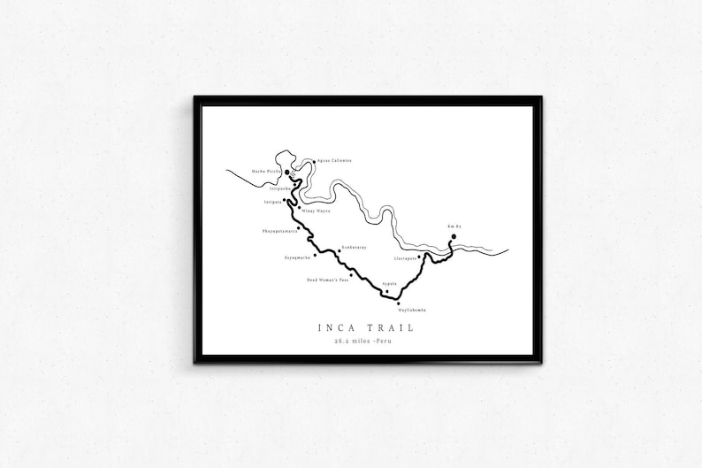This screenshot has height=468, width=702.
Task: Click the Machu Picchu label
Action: (265, 171)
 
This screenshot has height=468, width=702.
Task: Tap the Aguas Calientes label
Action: (334, 161)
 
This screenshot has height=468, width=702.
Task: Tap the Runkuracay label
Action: (355, 249)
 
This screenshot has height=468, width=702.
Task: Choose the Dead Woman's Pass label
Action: (327, 280)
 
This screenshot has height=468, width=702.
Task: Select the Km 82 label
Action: (454, 226)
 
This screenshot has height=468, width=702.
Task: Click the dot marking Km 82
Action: (454, 237)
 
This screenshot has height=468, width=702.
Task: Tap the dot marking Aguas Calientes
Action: (314, 161)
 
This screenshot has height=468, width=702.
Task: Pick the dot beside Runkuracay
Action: (339, 250)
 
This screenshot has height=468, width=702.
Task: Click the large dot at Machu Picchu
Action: (288, 173)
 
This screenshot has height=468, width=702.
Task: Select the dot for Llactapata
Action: (419, 257)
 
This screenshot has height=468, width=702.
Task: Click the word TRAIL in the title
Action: (390, 327)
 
